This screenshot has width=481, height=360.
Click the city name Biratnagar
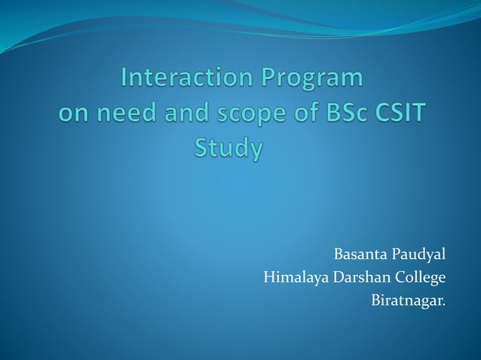[408, 302]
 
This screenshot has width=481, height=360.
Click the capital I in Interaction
[125, 79]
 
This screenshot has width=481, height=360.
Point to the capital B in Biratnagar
[376, 301]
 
